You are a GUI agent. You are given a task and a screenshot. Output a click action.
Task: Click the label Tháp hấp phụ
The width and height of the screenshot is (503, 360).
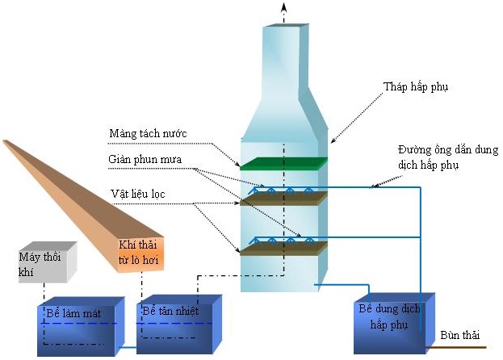(416, 87)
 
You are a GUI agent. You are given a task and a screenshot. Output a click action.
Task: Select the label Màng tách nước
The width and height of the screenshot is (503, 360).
(148, 133)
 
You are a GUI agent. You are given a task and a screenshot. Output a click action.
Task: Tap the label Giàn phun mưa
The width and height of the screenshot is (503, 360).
(145, 159)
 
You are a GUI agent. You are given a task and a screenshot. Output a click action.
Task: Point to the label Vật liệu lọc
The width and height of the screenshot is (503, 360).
(138, 194)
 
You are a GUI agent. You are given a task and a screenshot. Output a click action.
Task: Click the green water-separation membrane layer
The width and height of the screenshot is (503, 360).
(284, 164)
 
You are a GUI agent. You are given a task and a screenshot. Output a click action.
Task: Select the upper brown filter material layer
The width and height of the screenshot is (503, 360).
(284, 199)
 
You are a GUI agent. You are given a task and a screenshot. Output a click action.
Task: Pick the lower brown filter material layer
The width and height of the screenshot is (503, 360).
(284, 249)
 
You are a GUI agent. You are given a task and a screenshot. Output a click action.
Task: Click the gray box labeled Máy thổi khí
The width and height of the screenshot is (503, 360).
(48, 262)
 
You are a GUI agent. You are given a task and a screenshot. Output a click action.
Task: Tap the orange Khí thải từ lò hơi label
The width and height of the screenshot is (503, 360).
(139, 253)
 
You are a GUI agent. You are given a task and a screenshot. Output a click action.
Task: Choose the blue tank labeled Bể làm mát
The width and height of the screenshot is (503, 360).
(81, 326)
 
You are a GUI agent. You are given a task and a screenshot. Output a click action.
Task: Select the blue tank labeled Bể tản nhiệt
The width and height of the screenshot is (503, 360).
(179, 324)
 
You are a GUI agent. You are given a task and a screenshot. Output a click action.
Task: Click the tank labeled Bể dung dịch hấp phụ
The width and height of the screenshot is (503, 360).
(394, 323)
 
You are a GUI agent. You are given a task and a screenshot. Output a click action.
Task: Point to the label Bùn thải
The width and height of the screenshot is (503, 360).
(459, 335)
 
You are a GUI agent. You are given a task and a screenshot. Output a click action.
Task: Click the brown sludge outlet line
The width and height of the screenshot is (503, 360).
(455, 347)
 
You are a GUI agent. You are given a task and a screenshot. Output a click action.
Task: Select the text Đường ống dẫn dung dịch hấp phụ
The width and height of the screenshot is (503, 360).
(448, 157)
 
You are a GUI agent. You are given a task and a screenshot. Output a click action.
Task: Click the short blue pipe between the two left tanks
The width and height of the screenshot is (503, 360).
(128, 347)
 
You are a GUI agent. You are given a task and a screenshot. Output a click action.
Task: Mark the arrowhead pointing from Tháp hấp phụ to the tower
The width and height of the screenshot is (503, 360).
(333, 140)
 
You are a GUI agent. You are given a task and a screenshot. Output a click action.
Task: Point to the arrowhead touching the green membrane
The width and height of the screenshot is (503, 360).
(237, 164)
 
